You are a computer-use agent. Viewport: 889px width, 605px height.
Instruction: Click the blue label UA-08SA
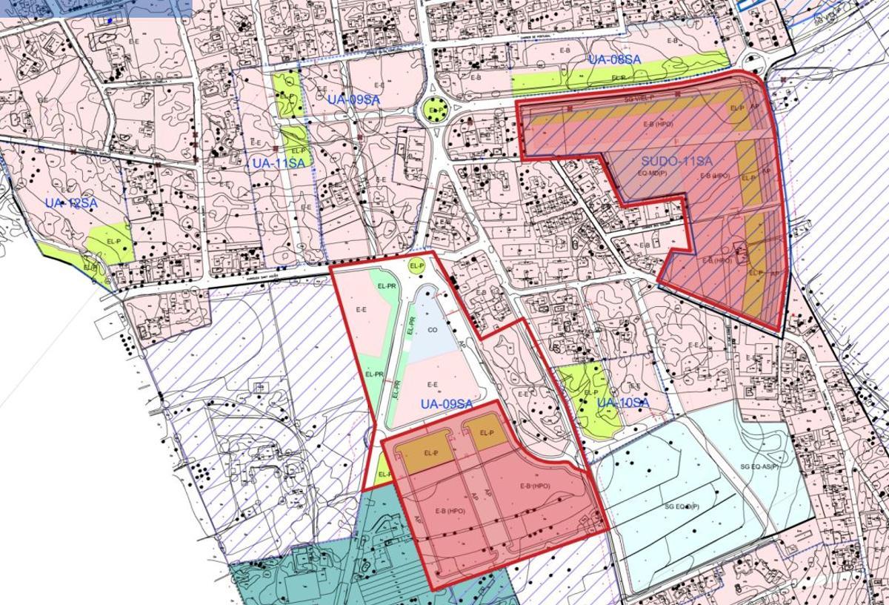point(614,59)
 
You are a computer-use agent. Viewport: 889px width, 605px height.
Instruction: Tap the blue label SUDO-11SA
point(676,161)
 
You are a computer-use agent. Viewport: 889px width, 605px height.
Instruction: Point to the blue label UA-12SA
point(71,203)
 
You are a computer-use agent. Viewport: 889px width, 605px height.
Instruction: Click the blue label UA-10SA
point(623,403)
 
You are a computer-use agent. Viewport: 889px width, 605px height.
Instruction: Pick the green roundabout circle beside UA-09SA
point(436,111)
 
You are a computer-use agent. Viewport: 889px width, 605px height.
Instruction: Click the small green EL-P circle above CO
point(416,265)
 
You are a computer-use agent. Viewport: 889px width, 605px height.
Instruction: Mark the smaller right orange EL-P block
point(486,433)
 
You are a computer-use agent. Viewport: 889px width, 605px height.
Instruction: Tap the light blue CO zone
point(430,326)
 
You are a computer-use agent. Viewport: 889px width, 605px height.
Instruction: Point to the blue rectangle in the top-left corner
point(96,7)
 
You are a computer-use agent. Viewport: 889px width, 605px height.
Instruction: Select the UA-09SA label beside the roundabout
point(354,99)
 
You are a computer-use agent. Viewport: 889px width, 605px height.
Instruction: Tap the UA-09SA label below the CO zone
point(446,404)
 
